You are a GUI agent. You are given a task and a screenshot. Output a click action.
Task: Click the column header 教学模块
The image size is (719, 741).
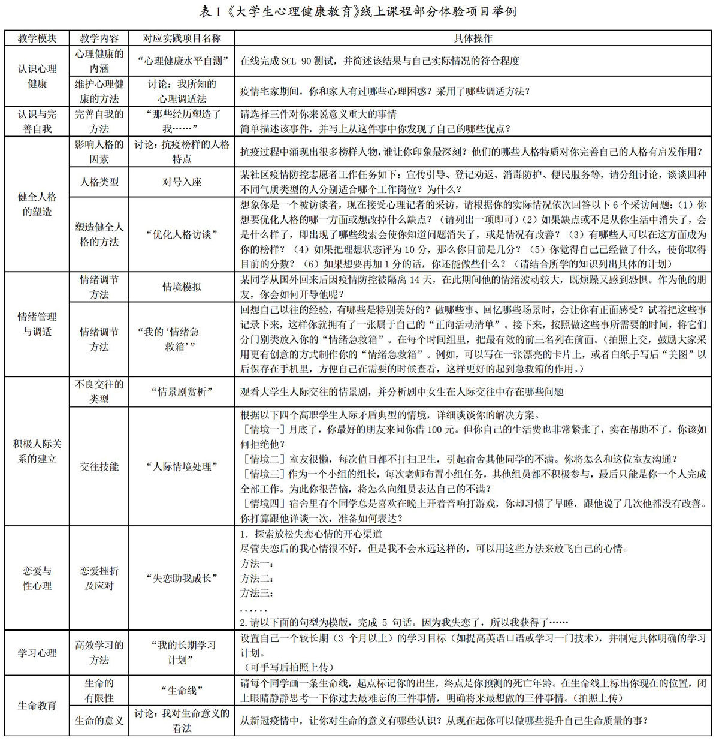[37, 38]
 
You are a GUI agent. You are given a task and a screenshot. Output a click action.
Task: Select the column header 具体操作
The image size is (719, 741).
[473, 38]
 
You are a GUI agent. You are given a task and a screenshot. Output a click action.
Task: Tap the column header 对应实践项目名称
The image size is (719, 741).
[182, 38]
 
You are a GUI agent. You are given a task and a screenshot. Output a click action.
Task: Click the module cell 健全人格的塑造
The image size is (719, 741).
[37, 204]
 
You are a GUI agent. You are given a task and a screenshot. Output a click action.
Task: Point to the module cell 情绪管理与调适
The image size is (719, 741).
[37, 324]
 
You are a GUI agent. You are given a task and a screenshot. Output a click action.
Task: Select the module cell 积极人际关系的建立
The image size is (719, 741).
[37, 451]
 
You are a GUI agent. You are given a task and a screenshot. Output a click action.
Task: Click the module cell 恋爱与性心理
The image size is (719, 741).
[37, 578]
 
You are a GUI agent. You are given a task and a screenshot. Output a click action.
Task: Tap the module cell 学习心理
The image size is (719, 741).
[37, 652]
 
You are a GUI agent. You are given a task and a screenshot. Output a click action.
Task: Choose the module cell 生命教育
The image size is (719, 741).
[37, 705]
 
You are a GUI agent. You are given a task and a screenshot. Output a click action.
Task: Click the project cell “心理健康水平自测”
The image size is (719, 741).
[182, 61]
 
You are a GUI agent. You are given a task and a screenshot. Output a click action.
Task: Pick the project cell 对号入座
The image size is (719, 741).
[182, 182]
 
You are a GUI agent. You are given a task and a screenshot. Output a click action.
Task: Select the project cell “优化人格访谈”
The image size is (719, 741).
[182, 234]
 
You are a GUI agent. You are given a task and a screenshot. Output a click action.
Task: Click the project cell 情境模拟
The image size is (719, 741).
[182, 287]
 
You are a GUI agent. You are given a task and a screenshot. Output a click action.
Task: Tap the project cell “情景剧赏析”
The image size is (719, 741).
[182, 391]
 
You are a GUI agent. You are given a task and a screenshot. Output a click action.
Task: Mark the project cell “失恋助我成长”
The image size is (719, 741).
[182, 578]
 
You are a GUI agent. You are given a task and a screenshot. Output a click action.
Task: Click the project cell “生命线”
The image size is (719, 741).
[182, 690]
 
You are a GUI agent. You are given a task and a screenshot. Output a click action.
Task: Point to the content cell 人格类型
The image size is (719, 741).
[99, 182]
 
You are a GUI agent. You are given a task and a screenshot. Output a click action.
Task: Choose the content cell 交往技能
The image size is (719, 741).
[99, 466]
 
